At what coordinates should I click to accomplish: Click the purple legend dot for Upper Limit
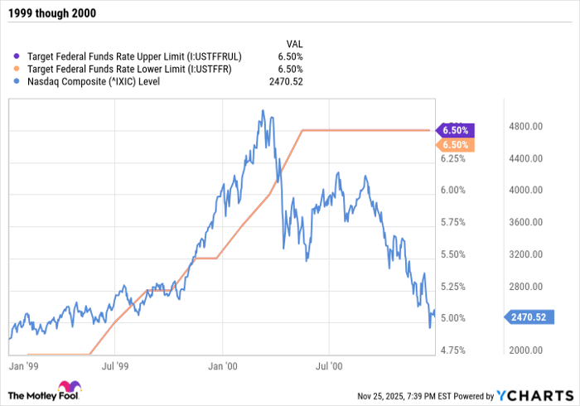(18, 56)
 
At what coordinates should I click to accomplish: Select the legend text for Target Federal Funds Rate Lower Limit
(129, 69)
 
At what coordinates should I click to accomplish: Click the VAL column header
(293, 43)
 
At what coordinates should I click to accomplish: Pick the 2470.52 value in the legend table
(285, 81)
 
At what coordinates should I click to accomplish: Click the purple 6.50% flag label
(455, 130)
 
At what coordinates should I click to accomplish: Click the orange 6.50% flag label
(455, 145)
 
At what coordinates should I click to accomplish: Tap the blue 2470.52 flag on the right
(526, 317)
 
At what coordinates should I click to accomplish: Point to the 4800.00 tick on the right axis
(525, 127)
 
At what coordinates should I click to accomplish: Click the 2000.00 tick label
(525, 351)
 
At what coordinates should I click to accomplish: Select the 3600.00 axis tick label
(525, 223)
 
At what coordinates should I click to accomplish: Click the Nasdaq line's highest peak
(263, 110)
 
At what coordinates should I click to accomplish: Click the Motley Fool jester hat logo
(67, 389)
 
